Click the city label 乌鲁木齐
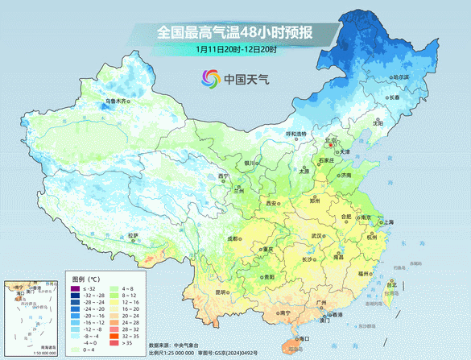(x=118, y=101)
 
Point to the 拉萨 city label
(x=134, y=235)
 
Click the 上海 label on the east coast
(x=388, y=221)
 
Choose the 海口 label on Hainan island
(x=303, y=339)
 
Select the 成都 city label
(x=233, y=239)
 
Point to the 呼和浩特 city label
(x=296, y=133)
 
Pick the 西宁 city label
(x=224, y=176)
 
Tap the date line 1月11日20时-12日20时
(x=235, y=49)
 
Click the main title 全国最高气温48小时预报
(x=234, y=33)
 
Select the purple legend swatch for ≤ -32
(x=76, y=288)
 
